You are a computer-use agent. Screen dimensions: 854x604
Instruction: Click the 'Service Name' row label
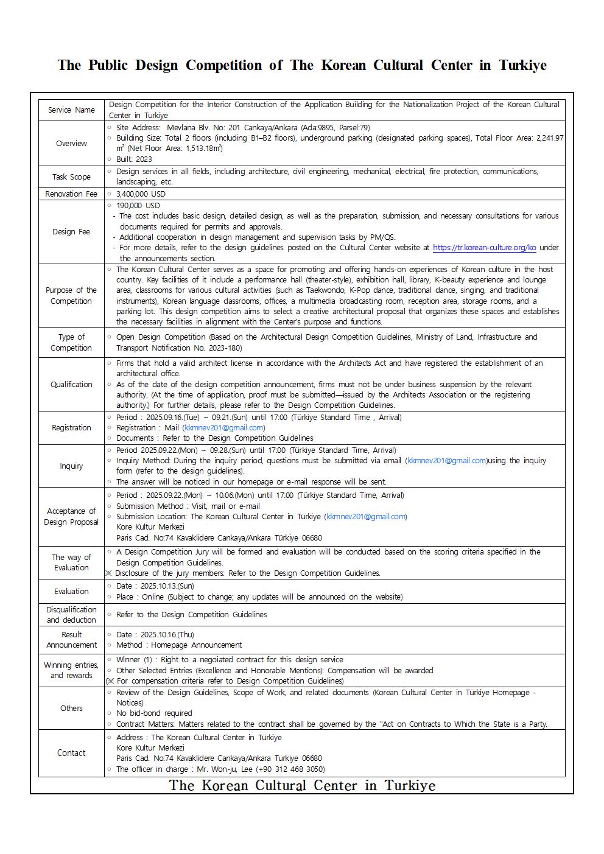click(71, 110)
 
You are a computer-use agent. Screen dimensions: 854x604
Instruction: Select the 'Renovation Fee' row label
click(71, 194)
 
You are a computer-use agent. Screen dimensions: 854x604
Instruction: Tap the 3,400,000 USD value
click(141, 194)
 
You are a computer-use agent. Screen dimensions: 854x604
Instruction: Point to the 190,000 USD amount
click(138, 206)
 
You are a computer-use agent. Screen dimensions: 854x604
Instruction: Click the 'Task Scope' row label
click(71, 177)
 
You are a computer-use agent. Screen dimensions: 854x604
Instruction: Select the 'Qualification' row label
click(71, 385)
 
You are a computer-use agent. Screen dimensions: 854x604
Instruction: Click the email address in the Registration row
click(223, 428)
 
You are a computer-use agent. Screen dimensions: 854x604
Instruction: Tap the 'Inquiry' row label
click(71, 466)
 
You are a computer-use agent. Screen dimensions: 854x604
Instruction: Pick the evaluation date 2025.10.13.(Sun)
click(167, 586)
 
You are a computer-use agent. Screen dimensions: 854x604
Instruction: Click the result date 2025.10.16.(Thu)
click(167, 635)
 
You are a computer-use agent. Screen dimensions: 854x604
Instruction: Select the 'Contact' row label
click(71, 754)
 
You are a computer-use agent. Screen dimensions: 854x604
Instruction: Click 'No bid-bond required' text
click(154, 713)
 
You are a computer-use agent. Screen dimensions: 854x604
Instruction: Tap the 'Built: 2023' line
click(134, 159)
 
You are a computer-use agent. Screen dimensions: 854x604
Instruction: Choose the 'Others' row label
click(71, 709)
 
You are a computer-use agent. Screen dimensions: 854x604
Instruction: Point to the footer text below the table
click(302, 786)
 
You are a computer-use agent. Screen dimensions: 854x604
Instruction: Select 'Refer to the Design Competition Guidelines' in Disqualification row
click(191, 615)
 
